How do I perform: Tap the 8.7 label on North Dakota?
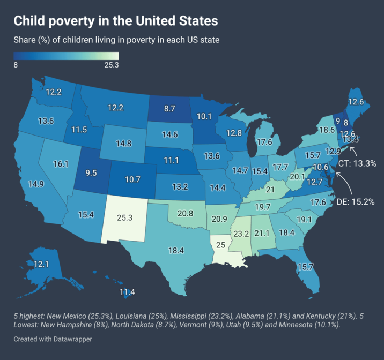click(169, 108)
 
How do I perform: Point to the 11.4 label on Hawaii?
click(127, 292)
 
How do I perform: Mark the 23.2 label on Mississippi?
click(240, 234)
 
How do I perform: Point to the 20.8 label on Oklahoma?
click(186, 213)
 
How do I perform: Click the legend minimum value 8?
click(16, 65)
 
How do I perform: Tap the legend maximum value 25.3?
click(111, 65)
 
